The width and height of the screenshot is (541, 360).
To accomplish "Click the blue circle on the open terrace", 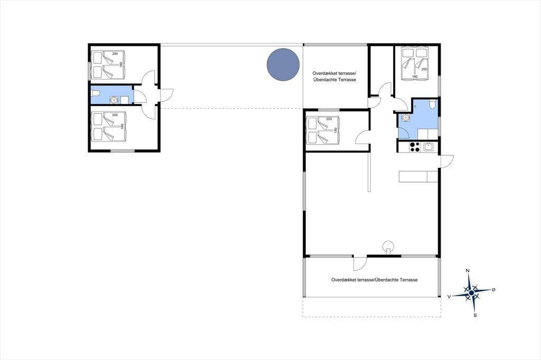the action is point(283,65).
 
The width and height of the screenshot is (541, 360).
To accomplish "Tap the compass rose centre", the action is point(471,293).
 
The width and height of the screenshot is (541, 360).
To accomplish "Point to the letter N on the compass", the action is point(468,271).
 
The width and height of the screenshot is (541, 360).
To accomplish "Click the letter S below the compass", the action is point(475,315).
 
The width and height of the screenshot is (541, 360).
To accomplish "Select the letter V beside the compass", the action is point(449,296).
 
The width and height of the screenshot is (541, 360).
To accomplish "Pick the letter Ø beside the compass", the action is point(493,290).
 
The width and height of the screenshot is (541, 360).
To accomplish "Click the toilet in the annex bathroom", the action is point(96,93).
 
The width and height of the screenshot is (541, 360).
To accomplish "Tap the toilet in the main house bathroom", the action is point(433,103).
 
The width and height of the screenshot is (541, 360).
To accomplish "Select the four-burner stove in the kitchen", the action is point(414,147).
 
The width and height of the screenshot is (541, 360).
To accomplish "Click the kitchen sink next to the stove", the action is point(428,147).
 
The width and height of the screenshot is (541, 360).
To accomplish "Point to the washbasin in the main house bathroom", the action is point(406,117).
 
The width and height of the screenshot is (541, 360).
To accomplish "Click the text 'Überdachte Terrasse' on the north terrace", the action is point(334,80).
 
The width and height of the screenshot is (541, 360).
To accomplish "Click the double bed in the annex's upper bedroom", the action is point(108,65).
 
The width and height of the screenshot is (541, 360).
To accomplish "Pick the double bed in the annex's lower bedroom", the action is point(108,126).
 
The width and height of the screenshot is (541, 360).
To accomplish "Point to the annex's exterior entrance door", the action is point(166,95).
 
